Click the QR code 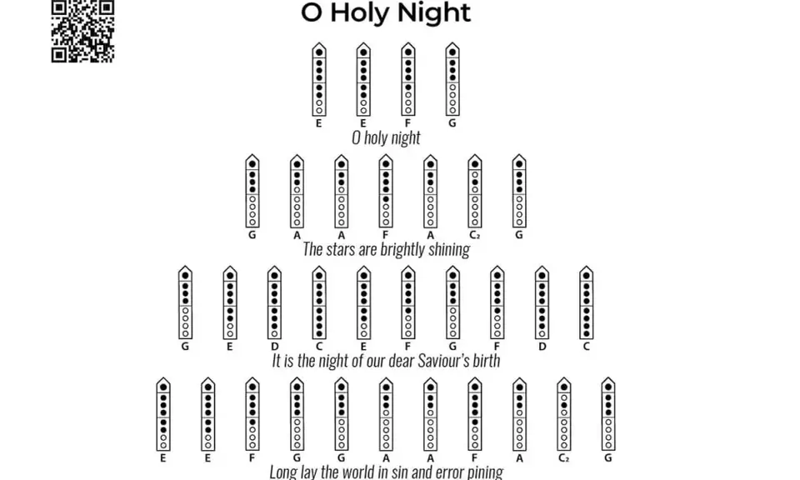pos(82,31)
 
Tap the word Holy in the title pos(359,13)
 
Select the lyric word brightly pos(404,250)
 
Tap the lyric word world pos(348,472)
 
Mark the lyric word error pos(449,472)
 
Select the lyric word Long pos(281,472)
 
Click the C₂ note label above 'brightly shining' pos(474,235)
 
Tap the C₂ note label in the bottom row pos(564,458)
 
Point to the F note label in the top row pos(407,123)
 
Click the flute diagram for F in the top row pos(407,79)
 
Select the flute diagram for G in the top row pos(452,79)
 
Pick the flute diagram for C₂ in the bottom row pos(564,414)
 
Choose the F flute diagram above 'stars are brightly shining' pos(386,192)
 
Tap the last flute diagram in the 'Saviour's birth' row pos(586,303)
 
